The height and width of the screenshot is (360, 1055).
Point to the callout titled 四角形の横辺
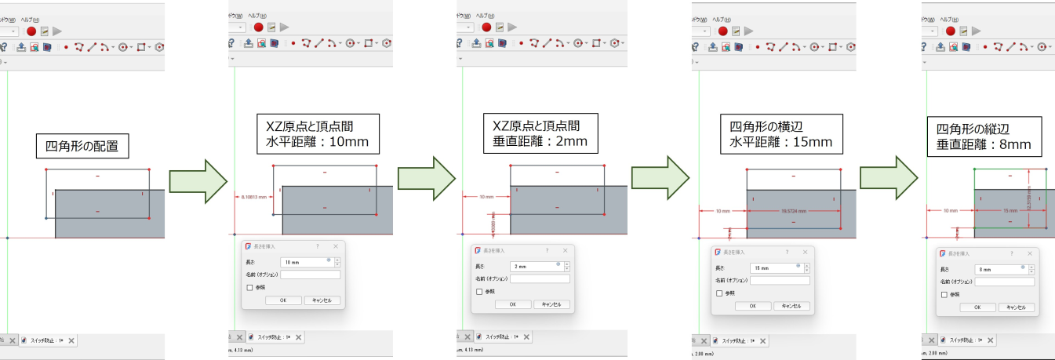click(x=780, y=134)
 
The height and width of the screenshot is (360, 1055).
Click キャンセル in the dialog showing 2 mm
click(x=551, y=304)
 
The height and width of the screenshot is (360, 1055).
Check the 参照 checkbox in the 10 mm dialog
click(x=249, y=288)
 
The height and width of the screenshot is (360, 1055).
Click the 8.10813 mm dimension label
click(x=251, y=196)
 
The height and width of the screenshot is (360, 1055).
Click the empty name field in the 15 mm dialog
click(x=779, y=280)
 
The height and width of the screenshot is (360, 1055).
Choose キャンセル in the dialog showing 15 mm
click(x=791, y=306)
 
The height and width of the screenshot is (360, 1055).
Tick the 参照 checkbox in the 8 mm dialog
click(x=944, y=295)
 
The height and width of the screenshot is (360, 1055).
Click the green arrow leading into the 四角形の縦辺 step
click(x=887, y=178)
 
